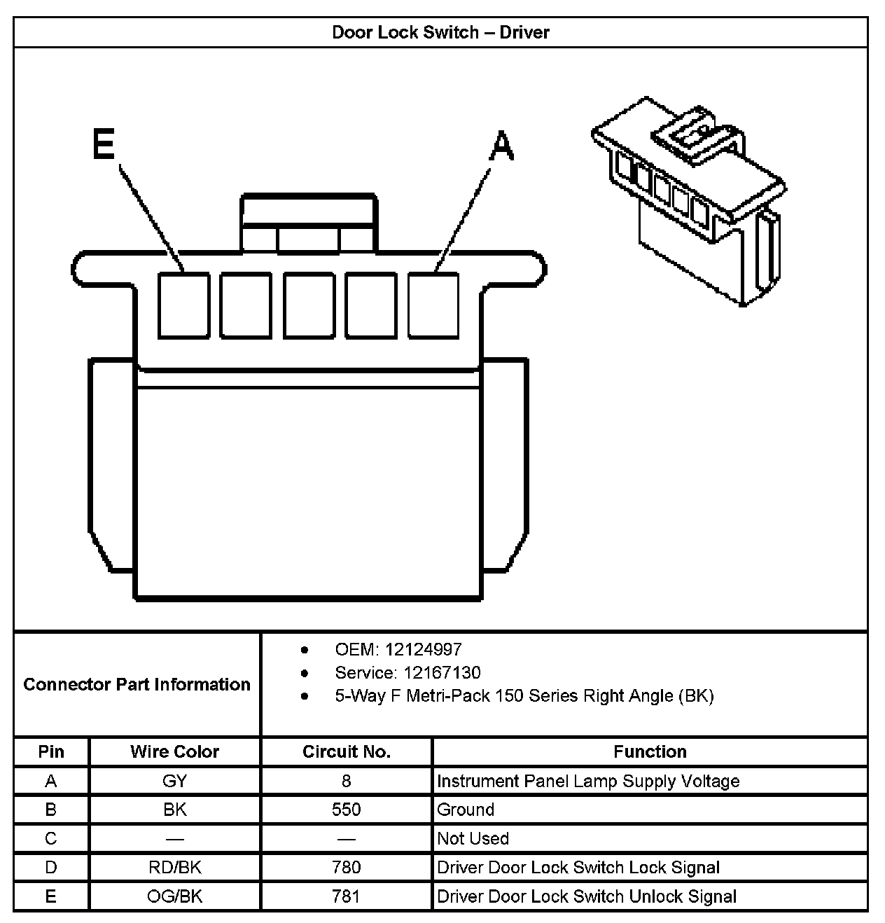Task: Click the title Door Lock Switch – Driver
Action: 440,32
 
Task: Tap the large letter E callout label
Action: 104,145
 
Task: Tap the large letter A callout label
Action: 501,147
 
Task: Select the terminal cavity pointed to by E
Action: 183,305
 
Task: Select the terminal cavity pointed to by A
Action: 433,305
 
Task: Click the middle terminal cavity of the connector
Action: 309,305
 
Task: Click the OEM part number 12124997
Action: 423,649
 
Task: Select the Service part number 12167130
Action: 442,673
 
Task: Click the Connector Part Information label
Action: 137,684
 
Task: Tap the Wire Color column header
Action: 174,751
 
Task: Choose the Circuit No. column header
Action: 346,751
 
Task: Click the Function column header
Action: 650,751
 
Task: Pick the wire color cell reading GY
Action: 174,781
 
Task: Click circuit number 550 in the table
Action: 346,810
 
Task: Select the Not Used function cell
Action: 473,838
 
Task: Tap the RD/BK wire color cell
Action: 174,867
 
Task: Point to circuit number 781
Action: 346,896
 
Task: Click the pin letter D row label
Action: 51,867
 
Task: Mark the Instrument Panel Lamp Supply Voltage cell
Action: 588,781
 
